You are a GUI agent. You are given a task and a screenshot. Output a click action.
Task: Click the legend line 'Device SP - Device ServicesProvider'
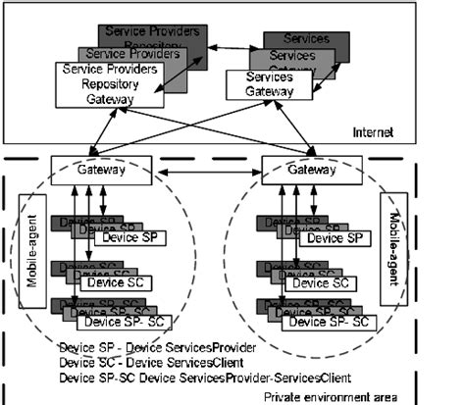[x=157, y=347]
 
